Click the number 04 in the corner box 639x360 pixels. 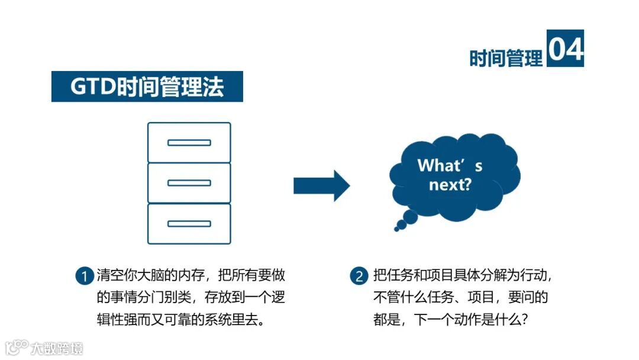point(565,49)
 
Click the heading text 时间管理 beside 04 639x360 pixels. point(506,58)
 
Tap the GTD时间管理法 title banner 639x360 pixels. point(147,86)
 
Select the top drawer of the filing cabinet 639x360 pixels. point(189,142)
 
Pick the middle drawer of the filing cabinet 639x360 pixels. point(189,183)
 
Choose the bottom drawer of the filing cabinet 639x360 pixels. point(189,224)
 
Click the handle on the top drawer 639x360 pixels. point(189,143)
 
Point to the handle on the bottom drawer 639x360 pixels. point(189,224)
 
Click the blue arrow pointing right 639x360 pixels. point(321,186)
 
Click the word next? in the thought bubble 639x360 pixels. point(450,185)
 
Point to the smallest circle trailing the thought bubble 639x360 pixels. point(396,229)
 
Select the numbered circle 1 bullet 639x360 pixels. point(84,276)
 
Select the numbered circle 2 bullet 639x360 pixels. point(359,276)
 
